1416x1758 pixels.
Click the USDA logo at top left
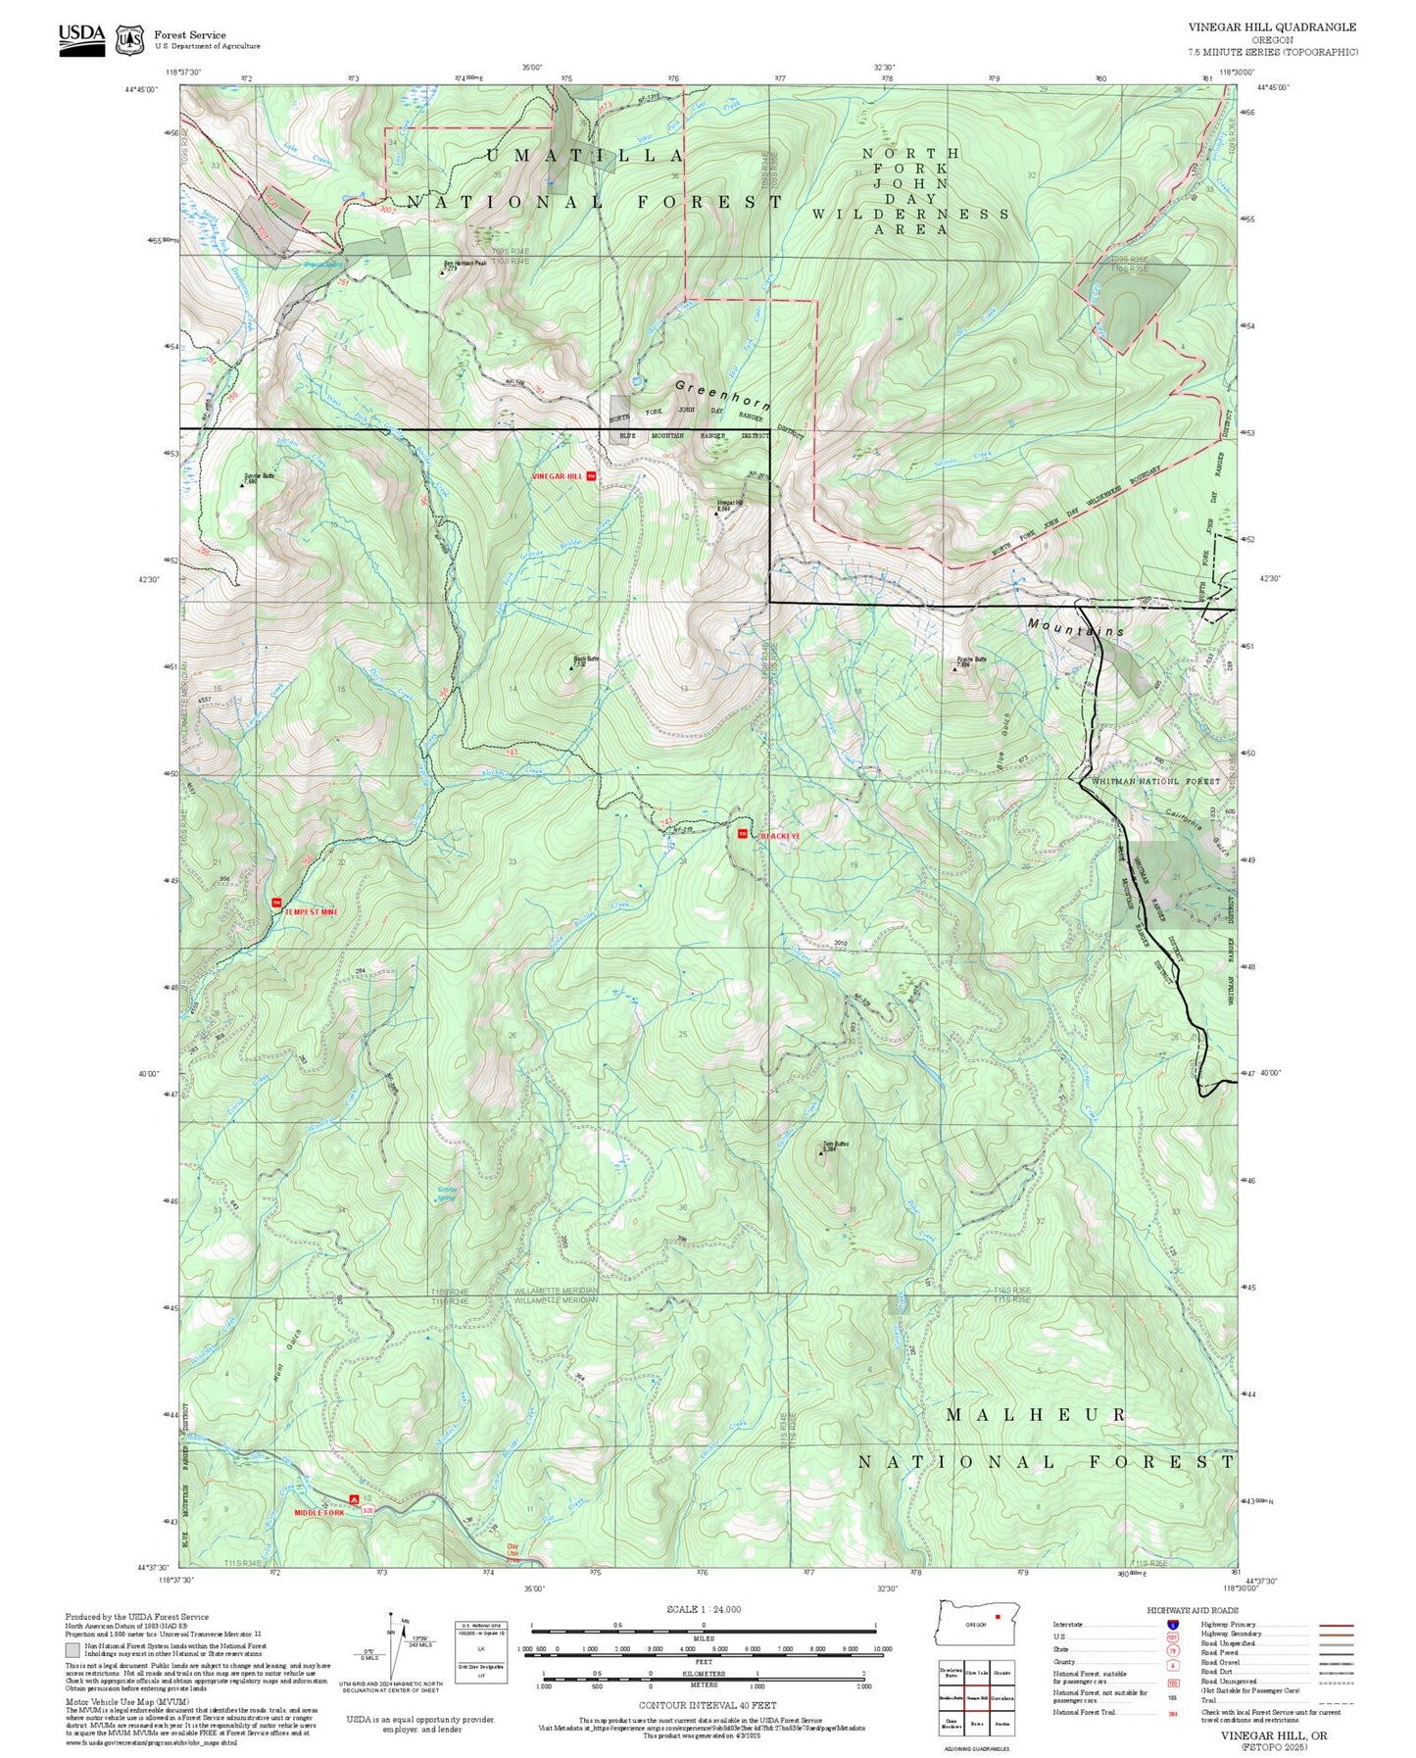(x=81, y=38)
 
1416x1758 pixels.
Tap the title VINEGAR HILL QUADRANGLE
(x=1272, y=27)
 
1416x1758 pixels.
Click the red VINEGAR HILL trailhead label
(x=557, y=476)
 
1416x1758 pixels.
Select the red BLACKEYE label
(x=780, y=836)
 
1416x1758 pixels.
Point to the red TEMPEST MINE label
(x=311, y=912)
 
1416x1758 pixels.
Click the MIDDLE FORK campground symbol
(x=354, y=1500)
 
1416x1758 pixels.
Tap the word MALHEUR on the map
(x=1036, y=1415)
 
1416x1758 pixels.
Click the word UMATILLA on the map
(x=585, y=157)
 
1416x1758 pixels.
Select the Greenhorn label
(x=723, y=395)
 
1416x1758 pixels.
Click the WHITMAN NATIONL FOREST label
(x=1156, y=781)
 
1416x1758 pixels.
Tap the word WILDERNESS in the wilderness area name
(x=910, y=214)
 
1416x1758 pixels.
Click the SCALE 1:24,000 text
(x=703, y=1609)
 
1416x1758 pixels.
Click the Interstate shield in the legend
(x=1172, y=1625)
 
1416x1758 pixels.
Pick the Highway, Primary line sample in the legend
(x=1336, y=1625)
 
